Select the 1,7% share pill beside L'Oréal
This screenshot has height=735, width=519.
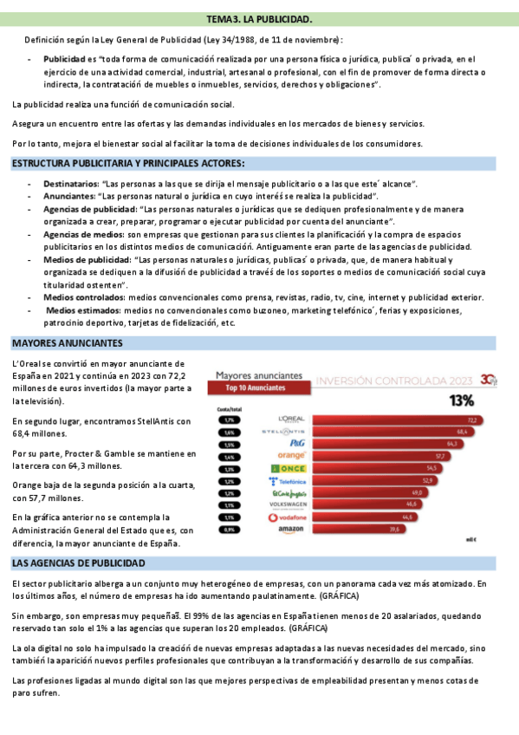[x=230, y=420]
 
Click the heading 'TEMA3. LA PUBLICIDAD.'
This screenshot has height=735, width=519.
[x=260, y=18]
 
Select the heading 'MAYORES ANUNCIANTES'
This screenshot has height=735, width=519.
[x=67, y=342]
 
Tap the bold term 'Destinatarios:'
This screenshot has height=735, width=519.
[x=71, y=185]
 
